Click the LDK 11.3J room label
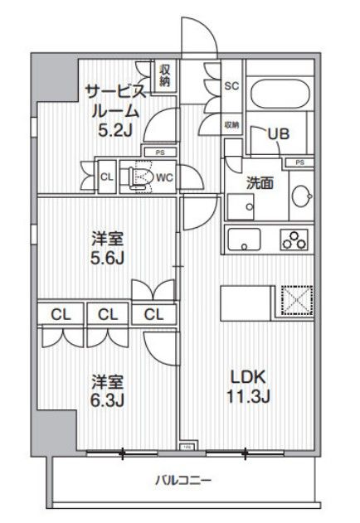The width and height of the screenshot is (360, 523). (249, 385)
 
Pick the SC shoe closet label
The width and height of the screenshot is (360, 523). (232, 85)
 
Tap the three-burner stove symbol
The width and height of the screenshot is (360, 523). (294, 239)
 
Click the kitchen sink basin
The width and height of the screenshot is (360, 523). (244, 240)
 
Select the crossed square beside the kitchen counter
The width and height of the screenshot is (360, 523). (294, 300)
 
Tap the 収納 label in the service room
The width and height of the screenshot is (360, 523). (164, 75)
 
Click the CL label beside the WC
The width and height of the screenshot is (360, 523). (107, 175)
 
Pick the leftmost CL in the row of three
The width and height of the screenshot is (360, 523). (58, 314)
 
